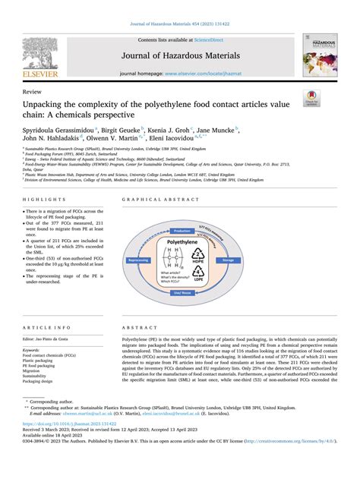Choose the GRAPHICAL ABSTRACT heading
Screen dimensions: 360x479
click(156, 200)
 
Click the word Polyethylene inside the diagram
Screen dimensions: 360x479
click(204, 241)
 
